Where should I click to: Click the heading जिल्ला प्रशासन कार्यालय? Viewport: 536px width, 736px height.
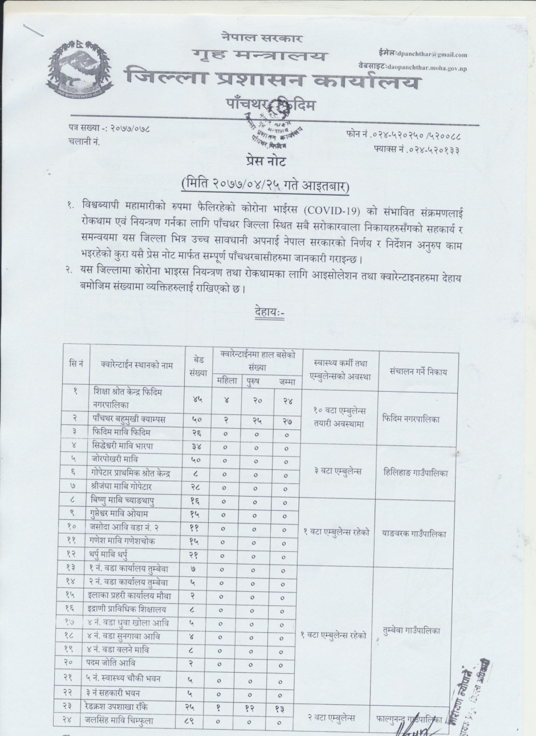click(273, 79)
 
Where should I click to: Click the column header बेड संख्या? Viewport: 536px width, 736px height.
click(197, 367)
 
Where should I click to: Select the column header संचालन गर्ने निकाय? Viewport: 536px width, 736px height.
click(419, 372)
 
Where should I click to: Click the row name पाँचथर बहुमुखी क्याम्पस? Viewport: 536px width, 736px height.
click(129, 419)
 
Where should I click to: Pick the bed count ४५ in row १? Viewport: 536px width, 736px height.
click(197, 400)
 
